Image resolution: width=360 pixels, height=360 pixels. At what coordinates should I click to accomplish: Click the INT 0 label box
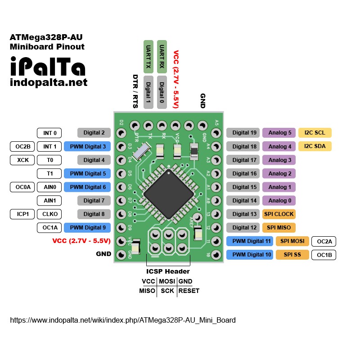coord(49,133)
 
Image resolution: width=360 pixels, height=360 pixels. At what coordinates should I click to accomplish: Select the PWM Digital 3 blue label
coord(87,146)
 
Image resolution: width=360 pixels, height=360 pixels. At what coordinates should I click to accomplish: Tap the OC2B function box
coord(22,146)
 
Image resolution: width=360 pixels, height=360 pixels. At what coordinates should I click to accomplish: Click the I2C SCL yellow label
coord(315,133)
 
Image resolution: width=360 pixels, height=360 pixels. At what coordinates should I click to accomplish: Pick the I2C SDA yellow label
coord(315,146)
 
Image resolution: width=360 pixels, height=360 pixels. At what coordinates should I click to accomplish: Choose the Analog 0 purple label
coord(279,200)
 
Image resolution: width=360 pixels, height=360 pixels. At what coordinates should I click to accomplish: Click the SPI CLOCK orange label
coord(279,214)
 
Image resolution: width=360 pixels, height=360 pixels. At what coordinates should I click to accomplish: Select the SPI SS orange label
coord(292,255)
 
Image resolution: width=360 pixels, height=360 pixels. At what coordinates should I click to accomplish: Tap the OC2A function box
coord(324,241)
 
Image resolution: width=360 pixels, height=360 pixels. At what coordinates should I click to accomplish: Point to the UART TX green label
coord(148,57)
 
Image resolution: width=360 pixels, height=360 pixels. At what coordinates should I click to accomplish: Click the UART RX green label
coord(162,57)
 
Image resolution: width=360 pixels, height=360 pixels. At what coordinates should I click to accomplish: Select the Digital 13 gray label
coord(243,214)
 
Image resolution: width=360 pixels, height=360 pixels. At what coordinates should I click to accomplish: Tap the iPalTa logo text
coord(47,67)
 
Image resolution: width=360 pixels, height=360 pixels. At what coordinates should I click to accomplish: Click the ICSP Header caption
coord(168,271)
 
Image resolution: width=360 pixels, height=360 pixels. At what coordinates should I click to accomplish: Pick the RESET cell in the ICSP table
coord(189,291)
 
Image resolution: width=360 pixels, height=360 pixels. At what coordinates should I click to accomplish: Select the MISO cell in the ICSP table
coord(148,291)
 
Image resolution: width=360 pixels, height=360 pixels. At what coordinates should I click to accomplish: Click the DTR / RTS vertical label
coord(135,91)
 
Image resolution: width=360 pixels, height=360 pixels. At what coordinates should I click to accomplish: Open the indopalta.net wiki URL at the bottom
coord(123,320)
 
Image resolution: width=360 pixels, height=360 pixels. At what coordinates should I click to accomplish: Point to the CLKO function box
coord(49,214)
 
